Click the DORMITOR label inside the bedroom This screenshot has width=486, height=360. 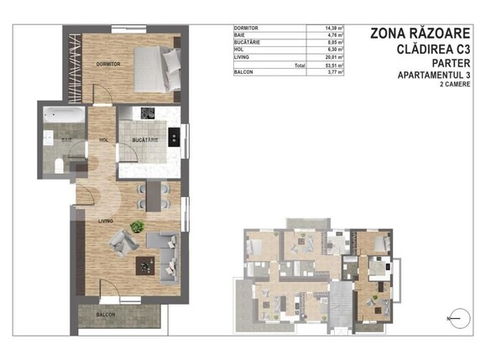point(109,64)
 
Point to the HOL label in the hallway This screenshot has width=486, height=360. point(104,140)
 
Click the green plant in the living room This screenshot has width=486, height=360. point(136,226)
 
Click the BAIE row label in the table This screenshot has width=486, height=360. point(241,35)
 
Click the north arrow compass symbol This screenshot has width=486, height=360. point(458,316)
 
